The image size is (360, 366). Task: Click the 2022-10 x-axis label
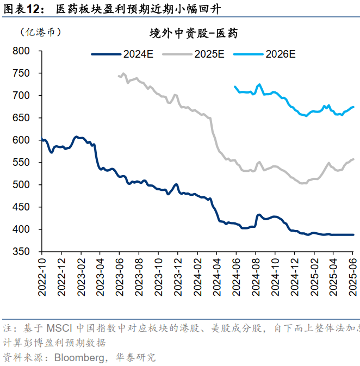pyautogui.click(x=42, y=277)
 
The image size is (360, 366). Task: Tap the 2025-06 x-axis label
pyautogui.click(x=352, y=277)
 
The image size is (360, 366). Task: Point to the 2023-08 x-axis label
pyautogui.click(x=139, y=277)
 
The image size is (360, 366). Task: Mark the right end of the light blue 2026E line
pyautogui.click(x=353, y=107)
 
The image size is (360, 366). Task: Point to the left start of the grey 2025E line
pyautogui.click(x=119, y=76)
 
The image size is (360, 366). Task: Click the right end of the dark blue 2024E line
pyautogui.click(x=353, y=235)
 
